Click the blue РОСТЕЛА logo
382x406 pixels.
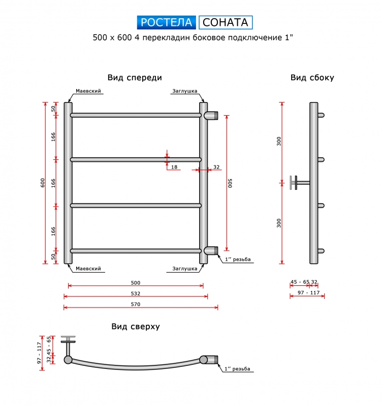coord(167,22)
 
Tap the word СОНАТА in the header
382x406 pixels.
coord(226,22)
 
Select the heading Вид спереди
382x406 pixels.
coord(135,78)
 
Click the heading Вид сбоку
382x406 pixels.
coord(312,78)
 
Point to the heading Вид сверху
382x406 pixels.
coord(136,326)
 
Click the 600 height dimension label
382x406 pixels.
coord(43,183)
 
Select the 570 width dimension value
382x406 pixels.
coord(136,304)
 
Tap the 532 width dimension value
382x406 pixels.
coord(136,293)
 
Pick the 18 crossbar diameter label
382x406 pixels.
coord(174,167)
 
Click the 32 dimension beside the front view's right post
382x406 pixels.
coord(216,167)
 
